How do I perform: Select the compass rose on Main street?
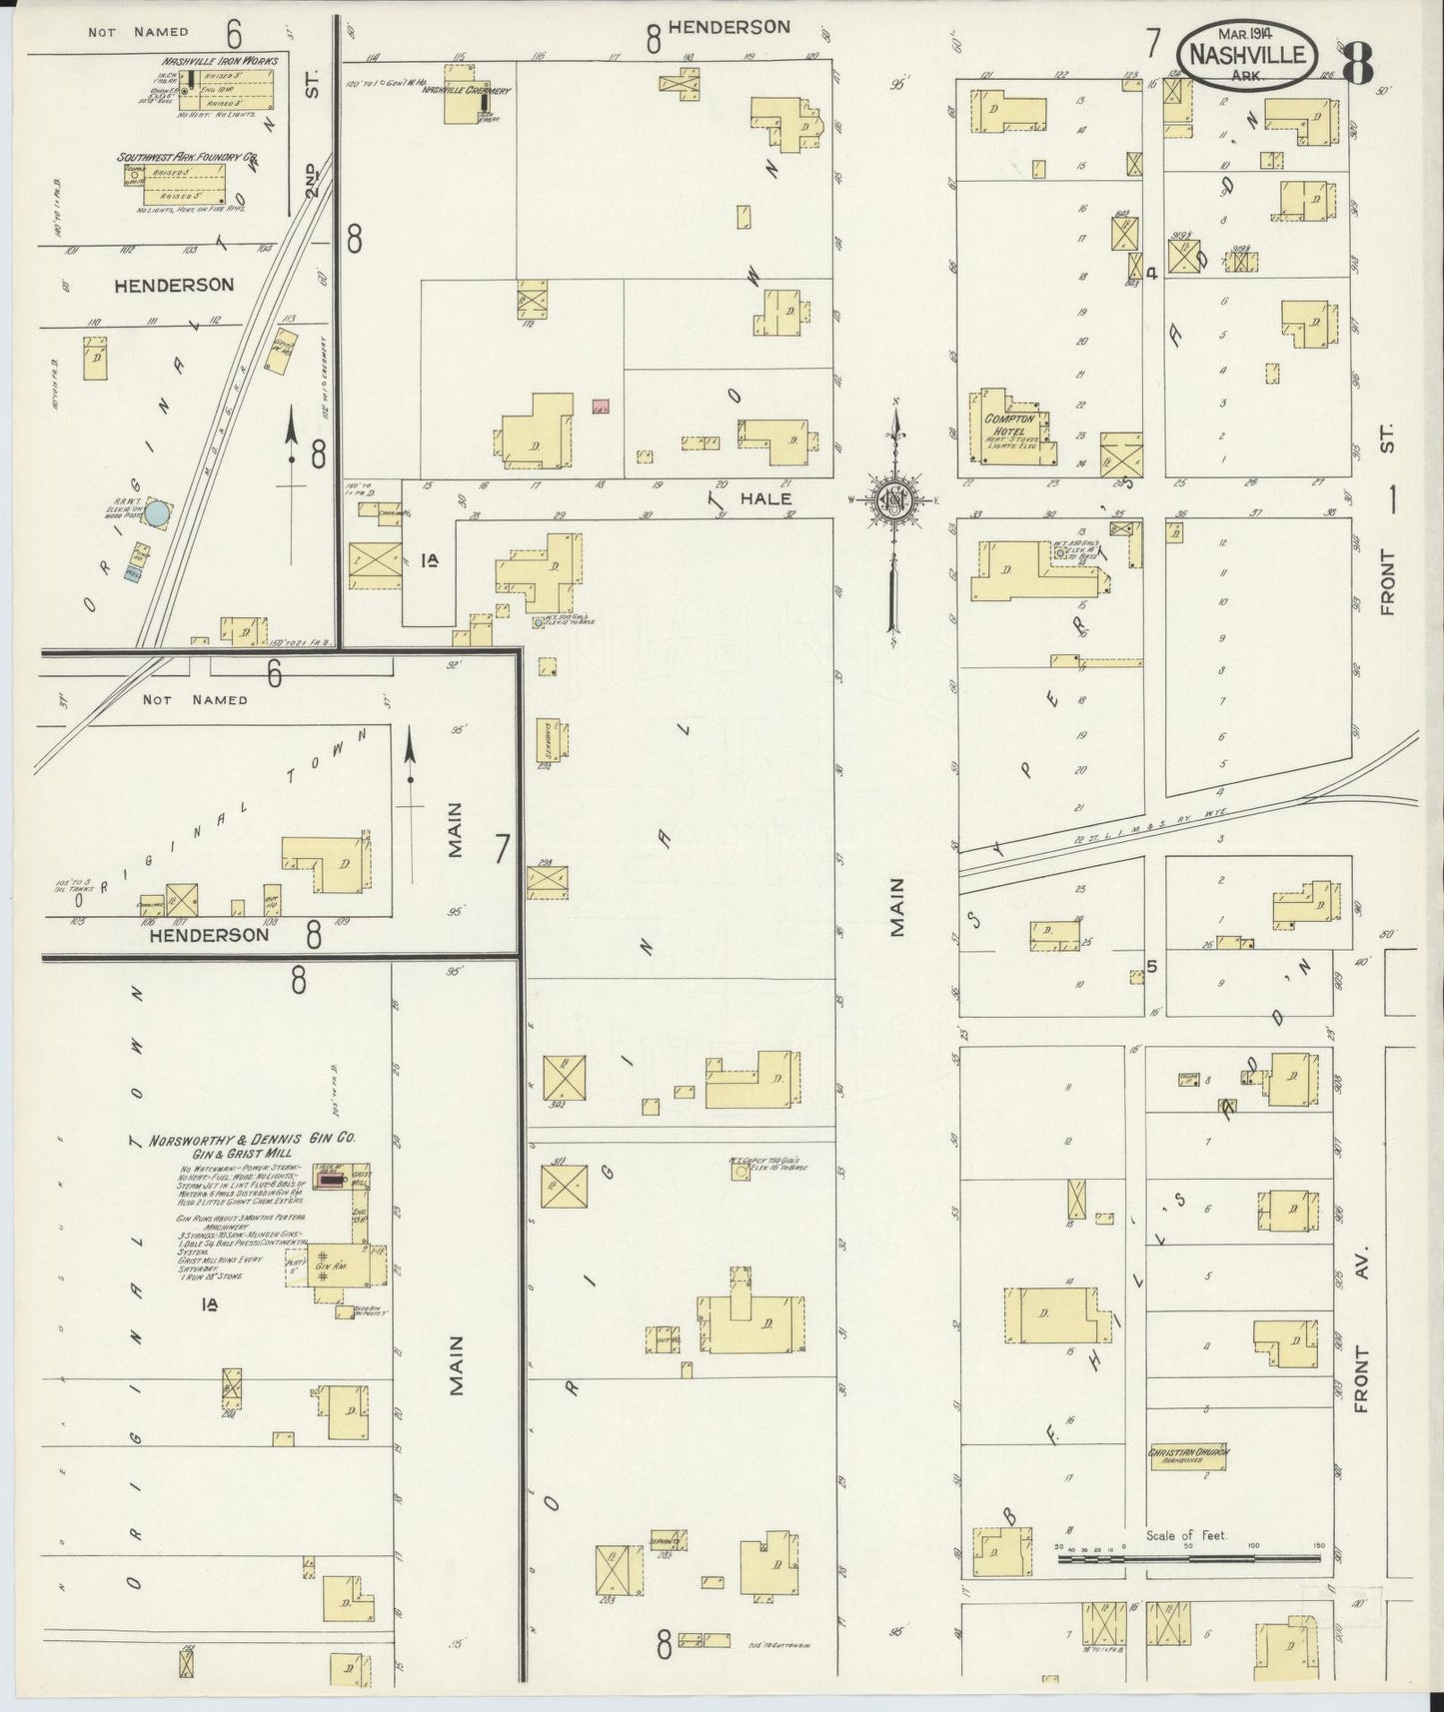892,499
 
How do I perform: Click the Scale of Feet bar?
1189,1556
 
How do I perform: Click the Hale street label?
765,498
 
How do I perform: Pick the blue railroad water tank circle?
158,513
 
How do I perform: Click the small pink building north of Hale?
601,408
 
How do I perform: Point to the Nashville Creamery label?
466,90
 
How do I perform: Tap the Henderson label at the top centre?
728,27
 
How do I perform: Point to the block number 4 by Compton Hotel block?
1151,273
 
